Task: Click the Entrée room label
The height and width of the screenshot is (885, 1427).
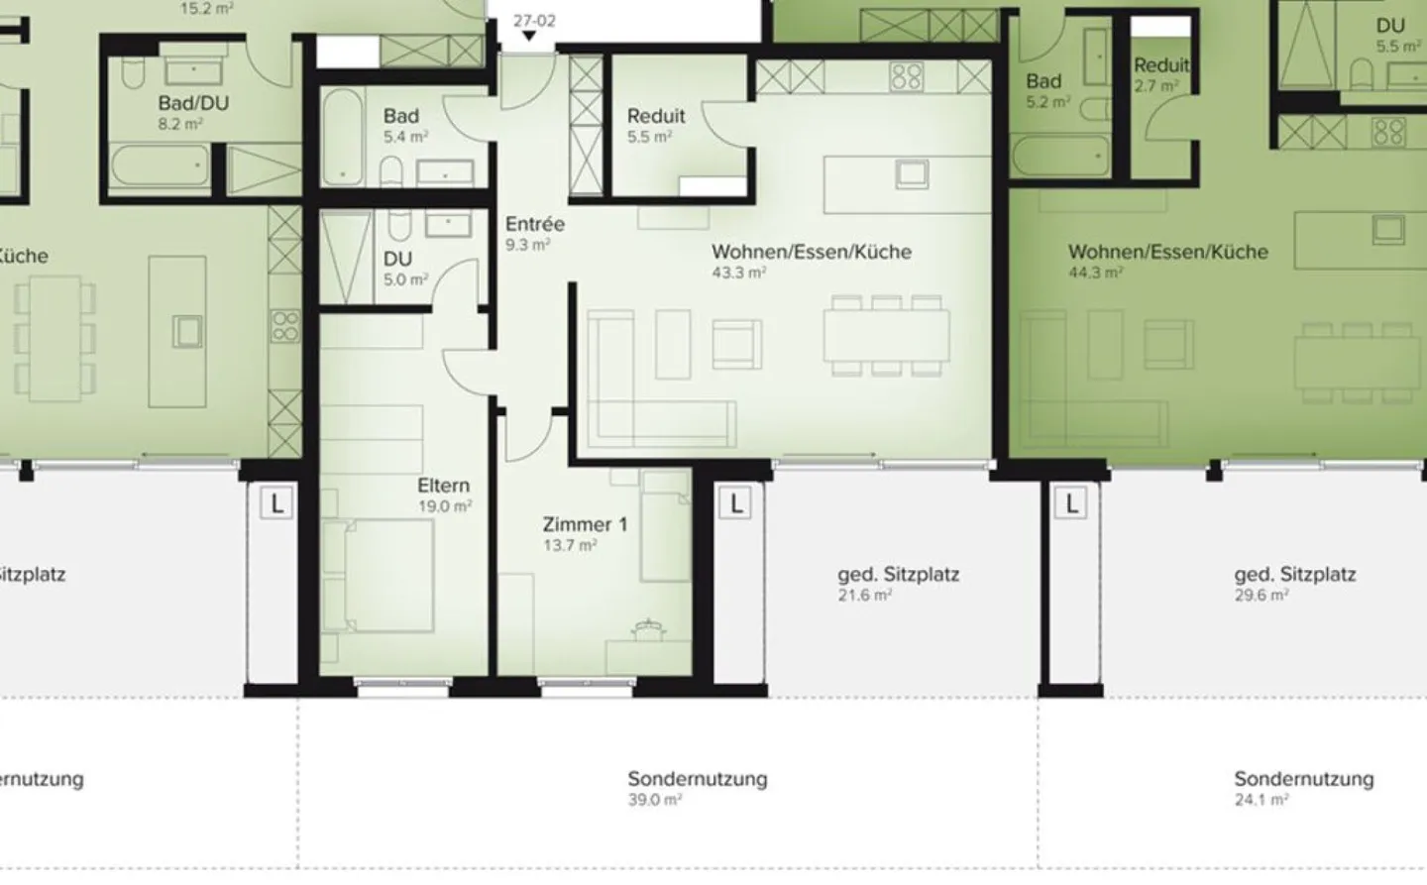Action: (x=535, y=224)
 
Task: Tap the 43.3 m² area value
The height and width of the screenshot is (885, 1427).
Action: (x=738, y=273)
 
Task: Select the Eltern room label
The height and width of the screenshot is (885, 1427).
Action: (x=443, y=486)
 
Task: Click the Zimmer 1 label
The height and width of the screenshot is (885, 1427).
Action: (x=585, y=524)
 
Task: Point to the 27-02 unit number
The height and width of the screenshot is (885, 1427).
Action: (x=534, y=20)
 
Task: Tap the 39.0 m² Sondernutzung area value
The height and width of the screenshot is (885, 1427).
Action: (x=654, y=800)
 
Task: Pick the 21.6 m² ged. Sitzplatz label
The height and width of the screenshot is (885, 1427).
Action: (x=898, y=574)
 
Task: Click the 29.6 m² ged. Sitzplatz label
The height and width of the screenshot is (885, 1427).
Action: (x=1294, y=574)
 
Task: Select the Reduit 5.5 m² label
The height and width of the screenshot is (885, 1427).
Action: (x=655, y=117)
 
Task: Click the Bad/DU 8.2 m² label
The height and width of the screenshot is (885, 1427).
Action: (x=193, y=104)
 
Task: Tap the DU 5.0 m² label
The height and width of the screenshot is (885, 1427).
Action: (x=398, y=260)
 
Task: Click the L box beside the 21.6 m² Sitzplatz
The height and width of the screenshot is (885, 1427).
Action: (x=735, y=503)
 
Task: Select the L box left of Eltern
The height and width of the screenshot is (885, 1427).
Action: (x=276, y=503)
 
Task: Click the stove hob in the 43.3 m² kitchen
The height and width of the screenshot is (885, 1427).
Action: (x=906, y=76)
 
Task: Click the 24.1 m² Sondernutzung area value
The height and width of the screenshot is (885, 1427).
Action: (x=1261, y=800)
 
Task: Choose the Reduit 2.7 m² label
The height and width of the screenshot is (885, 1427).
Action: (x=1161, y=66)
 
